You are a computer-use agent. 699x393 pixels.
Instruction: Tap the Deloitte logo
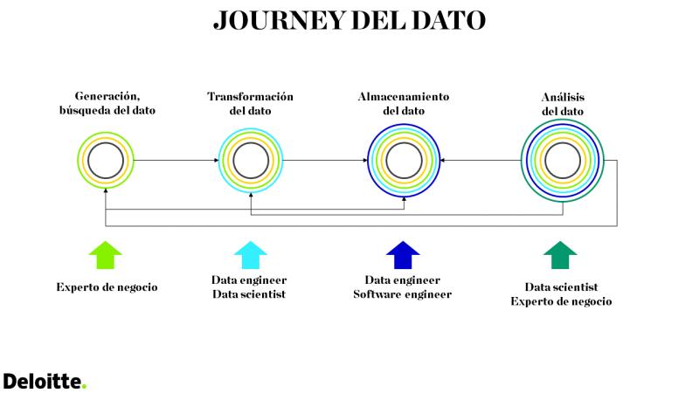coord(45,382)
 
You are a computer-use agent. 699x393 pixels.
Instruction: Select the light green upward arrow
coord(105,255)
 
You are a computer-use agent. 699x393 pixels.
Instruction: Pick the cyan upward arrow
coord(250,255)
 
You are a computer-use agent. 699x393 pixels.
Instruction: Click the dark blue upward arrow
coord(403,255)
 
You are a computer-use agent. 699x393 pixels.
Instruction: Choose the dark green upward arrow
coord(560,255)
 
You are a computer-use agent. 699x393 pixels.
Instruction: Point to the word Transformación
coord(250,97)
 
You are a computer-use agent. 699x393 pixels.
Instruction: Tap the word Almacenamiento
coord(404,97)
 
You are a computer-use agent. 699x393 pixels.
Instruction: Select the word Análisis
coord(563,97)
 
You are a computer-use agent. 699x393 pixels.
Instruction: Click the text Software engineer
coord(403,294)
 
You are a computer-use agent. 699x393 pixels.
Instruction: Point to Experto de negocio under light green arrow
coord(107,287)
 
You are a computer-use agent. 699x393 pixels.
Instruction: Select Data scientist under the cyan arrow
coord(249,294)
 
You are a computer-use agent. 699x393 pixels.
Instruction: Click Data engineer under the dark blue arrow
coord(403,279)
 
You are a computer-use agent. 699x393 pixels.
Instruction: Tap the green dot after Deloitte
coord(84,387)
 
